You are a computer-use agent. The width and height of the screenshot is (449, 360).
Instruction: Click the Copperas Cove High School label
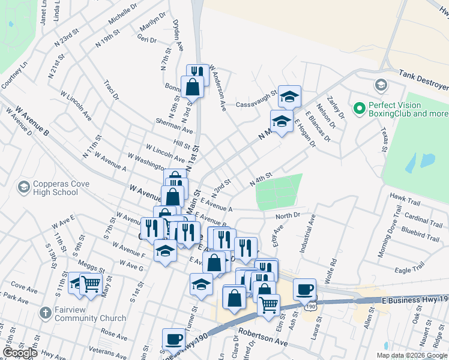[x=48, y=188]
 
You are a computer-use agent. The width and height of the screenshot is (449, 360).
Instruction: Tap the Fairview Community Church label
[x=83, y=314]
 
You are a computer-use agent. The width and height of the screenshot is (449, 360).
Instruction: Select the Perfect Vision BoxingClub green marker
[x=360, y=108]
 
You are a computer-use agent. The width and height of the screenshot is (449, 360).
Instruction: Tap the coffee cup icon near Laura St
[x=305, y=289]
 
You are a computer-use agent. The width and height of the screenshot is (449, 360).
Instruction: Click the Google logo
[x=20, y=353]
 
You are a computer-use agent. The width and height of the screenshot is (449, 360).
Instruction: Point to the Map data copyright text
[x=412, y=355]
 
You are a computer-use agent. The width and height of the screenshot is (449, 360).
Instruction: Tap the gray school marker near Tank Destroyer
[x=380, y=84]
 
